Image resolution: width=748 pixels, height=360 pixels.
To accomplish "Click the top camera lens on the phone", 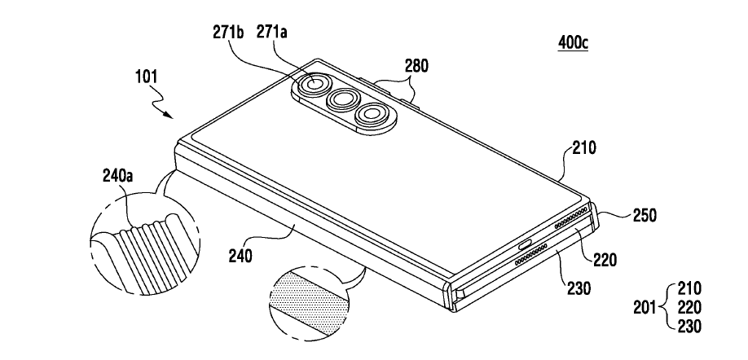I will tap(312, 85).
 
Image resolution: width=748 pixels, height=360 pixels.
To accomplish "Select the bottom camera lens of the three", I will tap(373, 116).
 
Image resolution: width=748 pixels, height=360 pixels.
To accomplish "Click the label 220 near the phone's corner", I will tap(606, 261).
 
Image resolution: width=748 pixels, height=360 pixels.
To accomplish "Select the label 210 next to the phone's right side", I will tap(583, 149).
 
